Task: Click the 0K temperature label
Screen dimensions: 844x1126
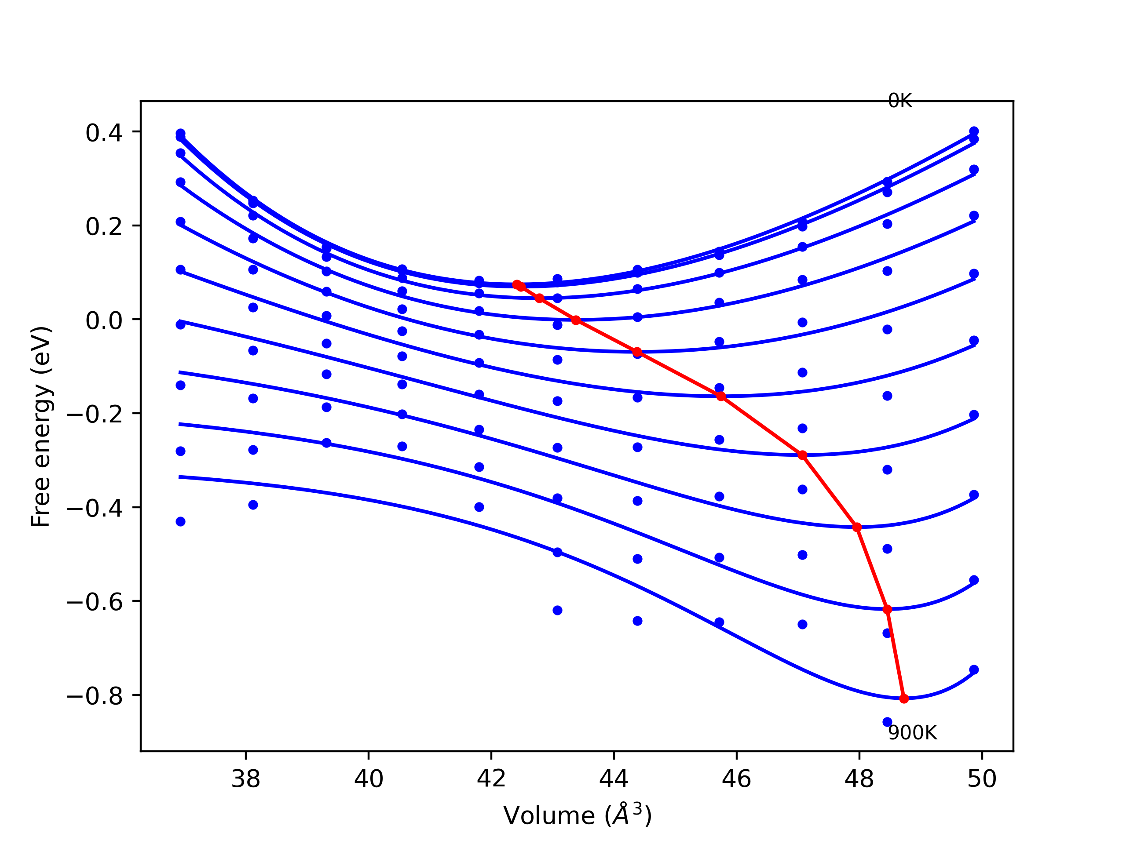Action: click(x=899, y=101)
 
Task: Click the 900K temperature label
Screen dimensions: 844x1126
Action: click(x=912, y=733)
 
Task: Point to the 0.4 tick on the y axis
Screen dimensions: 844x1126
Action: click(x=104, y=133)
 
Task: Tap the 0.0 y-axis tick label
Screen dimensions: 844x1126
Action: click(x=104, y=320)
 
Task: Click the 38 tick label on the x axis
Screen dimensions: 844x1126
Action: click(x=246, y=779)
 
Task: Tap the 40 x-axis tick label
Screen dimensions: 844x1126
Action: click(x=369, y=779)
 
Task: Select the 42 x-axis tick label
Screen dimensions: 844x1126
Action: click(x=491, y=779)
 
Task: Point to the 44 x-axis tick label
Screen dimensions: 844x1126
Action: click(x=614, y=779)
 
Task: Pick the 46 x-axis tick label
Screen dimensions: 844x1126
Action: click(x=737, y=779)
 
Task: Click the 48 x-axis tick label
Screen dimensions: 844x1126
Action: click(x=859, y=779)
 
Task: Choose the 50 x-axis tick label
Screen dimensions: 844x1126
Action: click(x=982, y=779)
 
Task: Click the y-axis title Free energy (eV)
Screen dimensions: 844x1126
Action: click(x=41, y=426)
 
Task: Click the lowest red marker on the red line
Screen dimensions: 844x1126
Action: click(x=904, y=698)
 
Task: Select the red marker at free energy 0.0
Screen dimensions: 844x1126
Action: click(x=576, y=320)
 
